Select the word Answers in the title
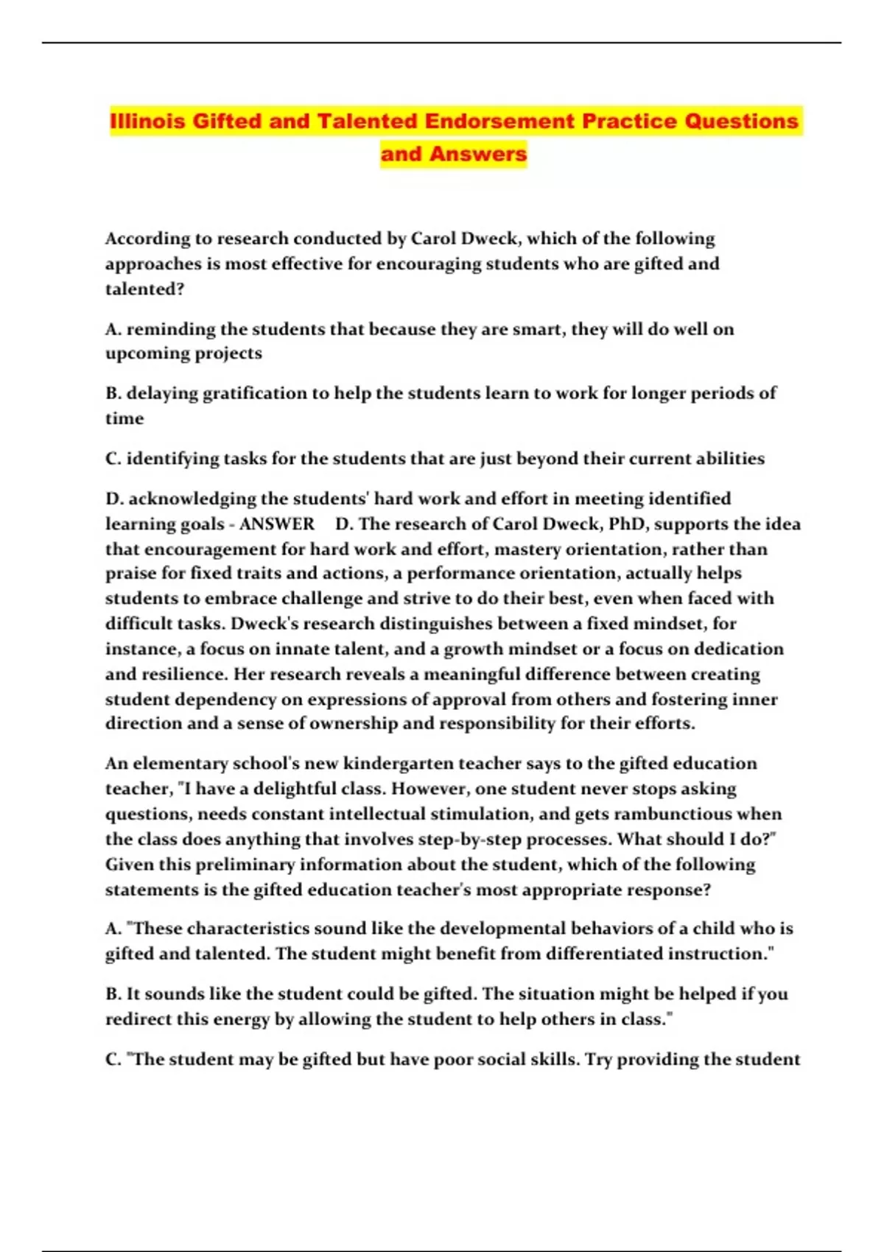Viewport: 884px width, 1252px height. pos(478,154)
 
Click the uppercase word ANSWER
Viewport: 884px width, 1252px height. pos(277,524)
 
